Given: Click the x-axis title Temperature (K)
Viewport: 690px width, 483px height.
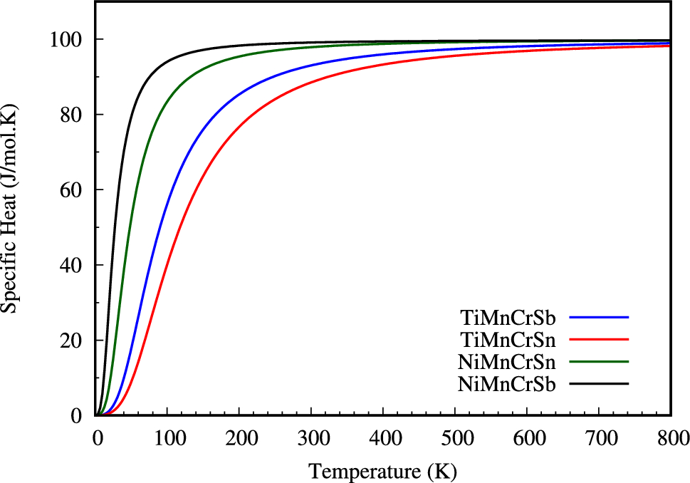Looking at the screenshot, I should (x=382, y=471).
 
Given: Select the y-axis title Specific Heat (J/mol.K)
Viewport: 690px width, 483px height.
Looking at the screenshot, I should (x=10, y=207).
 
